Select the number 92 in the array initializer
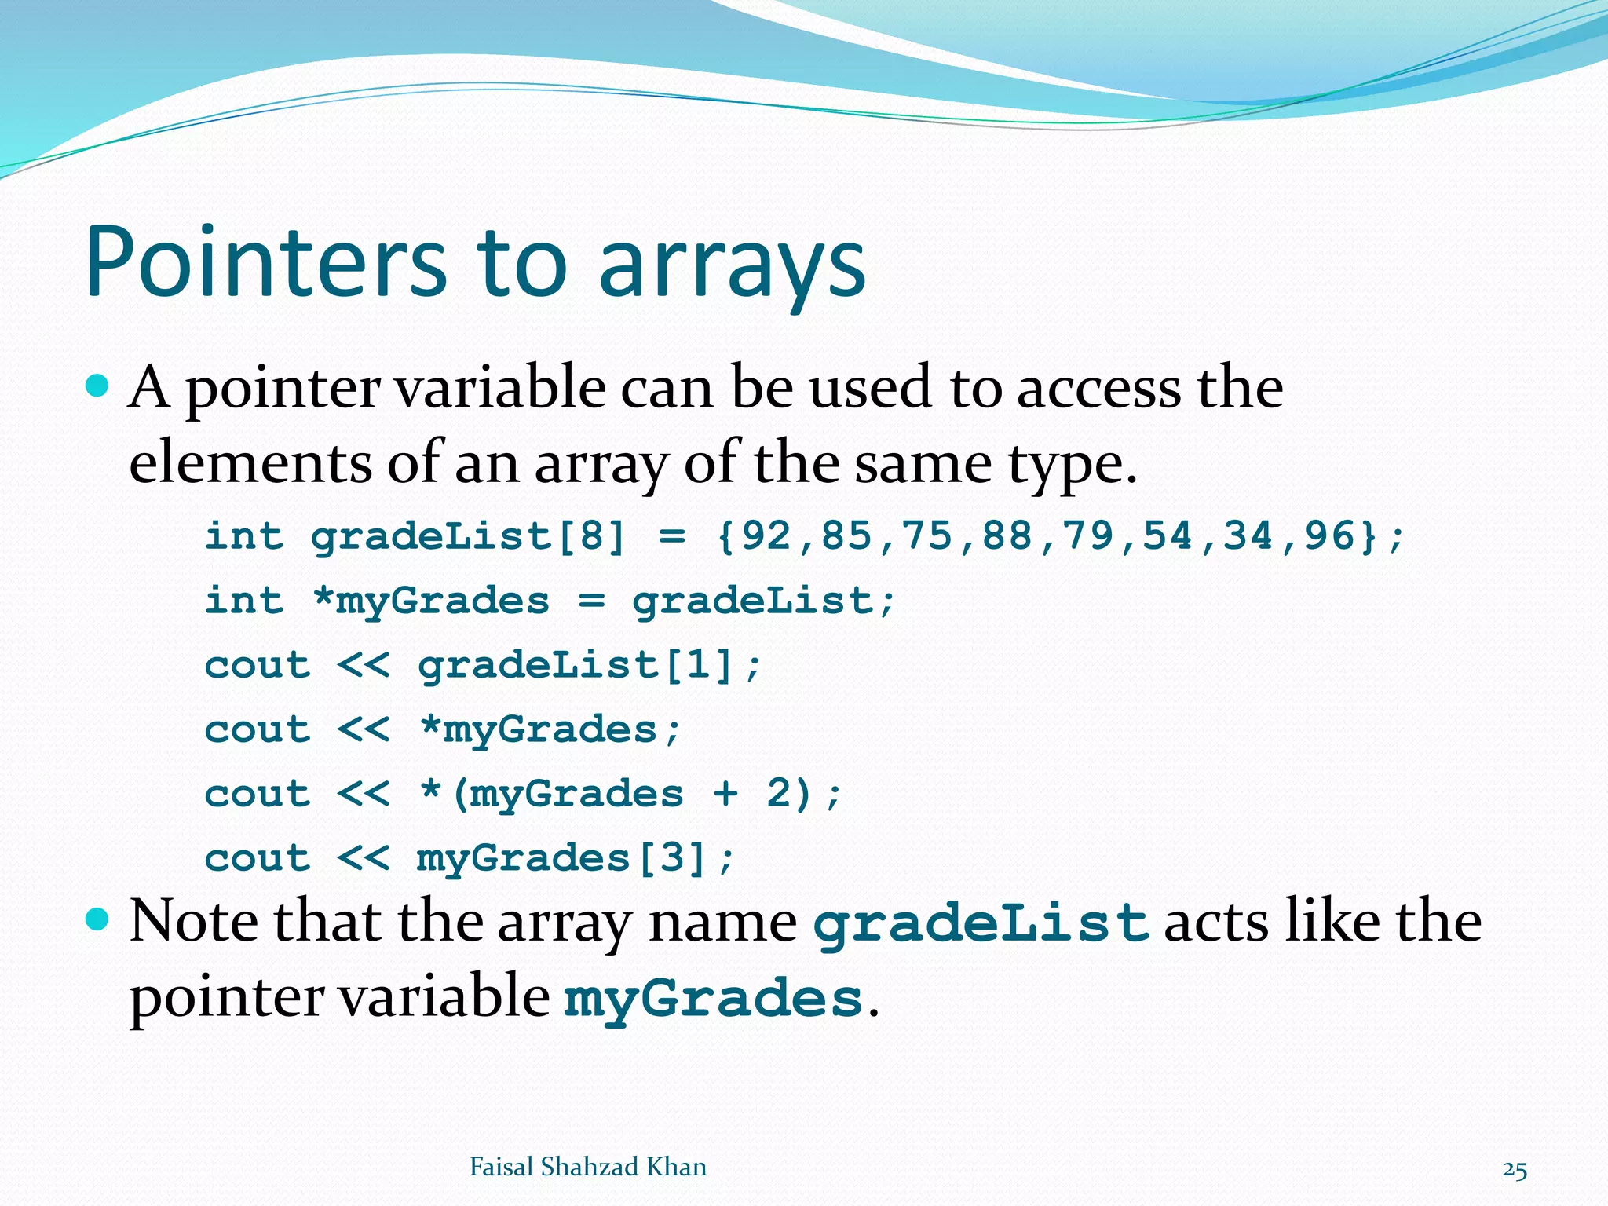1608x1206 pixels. (x=766, y=536)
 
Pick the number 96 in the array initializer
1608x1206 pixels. (x=1329, y=536)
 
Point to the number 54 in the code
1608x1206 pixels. (x=1168, y=536)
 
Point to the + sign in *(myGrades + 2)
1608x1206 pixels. (x=725, y=793)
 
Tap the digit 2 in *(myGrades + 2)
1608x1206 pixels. (x=778, y=793)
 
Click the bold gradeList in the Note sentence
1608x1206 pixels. (x=981, y=923)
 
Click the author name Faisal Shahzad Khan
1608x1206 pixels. (x=587, y=1167)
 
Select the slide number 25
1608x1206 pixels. (x=1515, y=1170)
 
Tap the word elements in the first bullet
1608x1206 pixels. (x=250, y=462)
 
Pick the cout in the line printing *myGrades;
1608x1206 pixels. (x=258, y=730)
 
